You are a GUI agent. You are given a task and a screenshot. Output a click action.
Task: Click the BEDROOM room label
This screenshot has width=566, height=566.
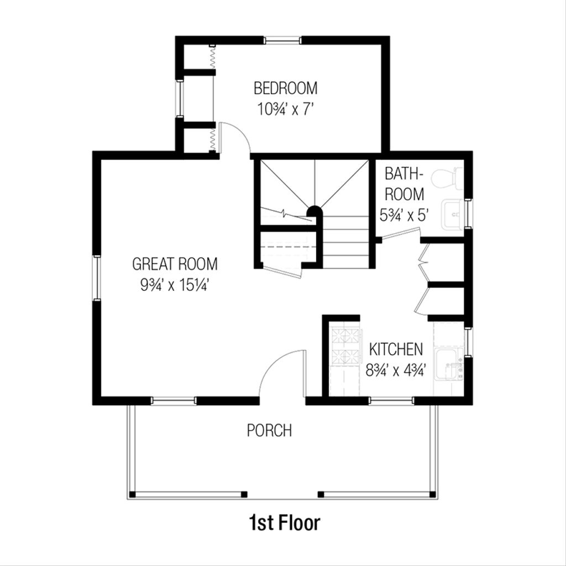click(x=285, y=88)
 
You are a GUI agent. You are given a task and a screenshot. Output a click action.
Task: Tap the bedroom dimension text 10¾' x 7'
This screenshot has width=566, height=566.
click(x=285, y=109)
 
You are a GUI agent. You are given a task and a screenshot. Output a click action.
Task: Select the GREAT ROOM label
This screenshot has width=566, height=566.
click(x=175, y=264)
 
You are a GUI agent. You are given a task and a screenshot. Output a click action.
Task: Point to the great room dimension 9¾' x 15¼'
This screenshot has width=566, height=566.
click(x=175, y=285)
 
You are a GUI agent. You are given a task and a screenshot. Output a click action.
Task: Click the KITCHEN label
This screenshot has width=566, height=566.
click(x=396, y=349)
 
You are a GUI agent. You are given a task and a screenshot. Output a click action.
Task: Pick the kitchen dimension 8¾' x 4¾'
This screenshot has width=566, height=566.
click(x=396, y=370)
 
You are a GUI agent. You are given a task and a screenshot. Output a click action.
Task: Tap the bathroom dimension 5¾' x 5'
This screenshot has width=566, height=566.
click(x=404, y=214)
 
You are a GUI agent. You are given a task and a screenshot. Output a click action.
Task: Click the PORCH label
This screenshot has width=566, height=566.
click(x=269, y=430)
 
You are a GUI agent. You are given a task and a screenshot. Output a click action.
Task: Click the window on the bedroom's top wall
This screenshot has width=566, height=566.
click(x=283, y=40)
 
